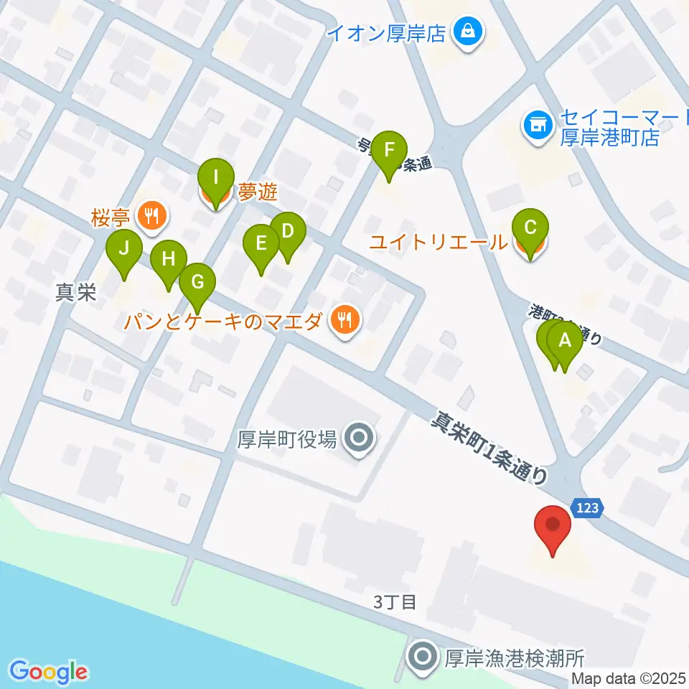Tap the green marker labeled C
530,229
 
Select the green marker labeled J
124,250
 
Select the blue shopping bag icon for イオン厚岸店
468,32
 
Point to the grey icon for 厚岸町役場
357,438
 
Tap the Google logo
48,672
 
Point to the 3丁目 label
395,601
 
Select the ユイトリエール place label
438,243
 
